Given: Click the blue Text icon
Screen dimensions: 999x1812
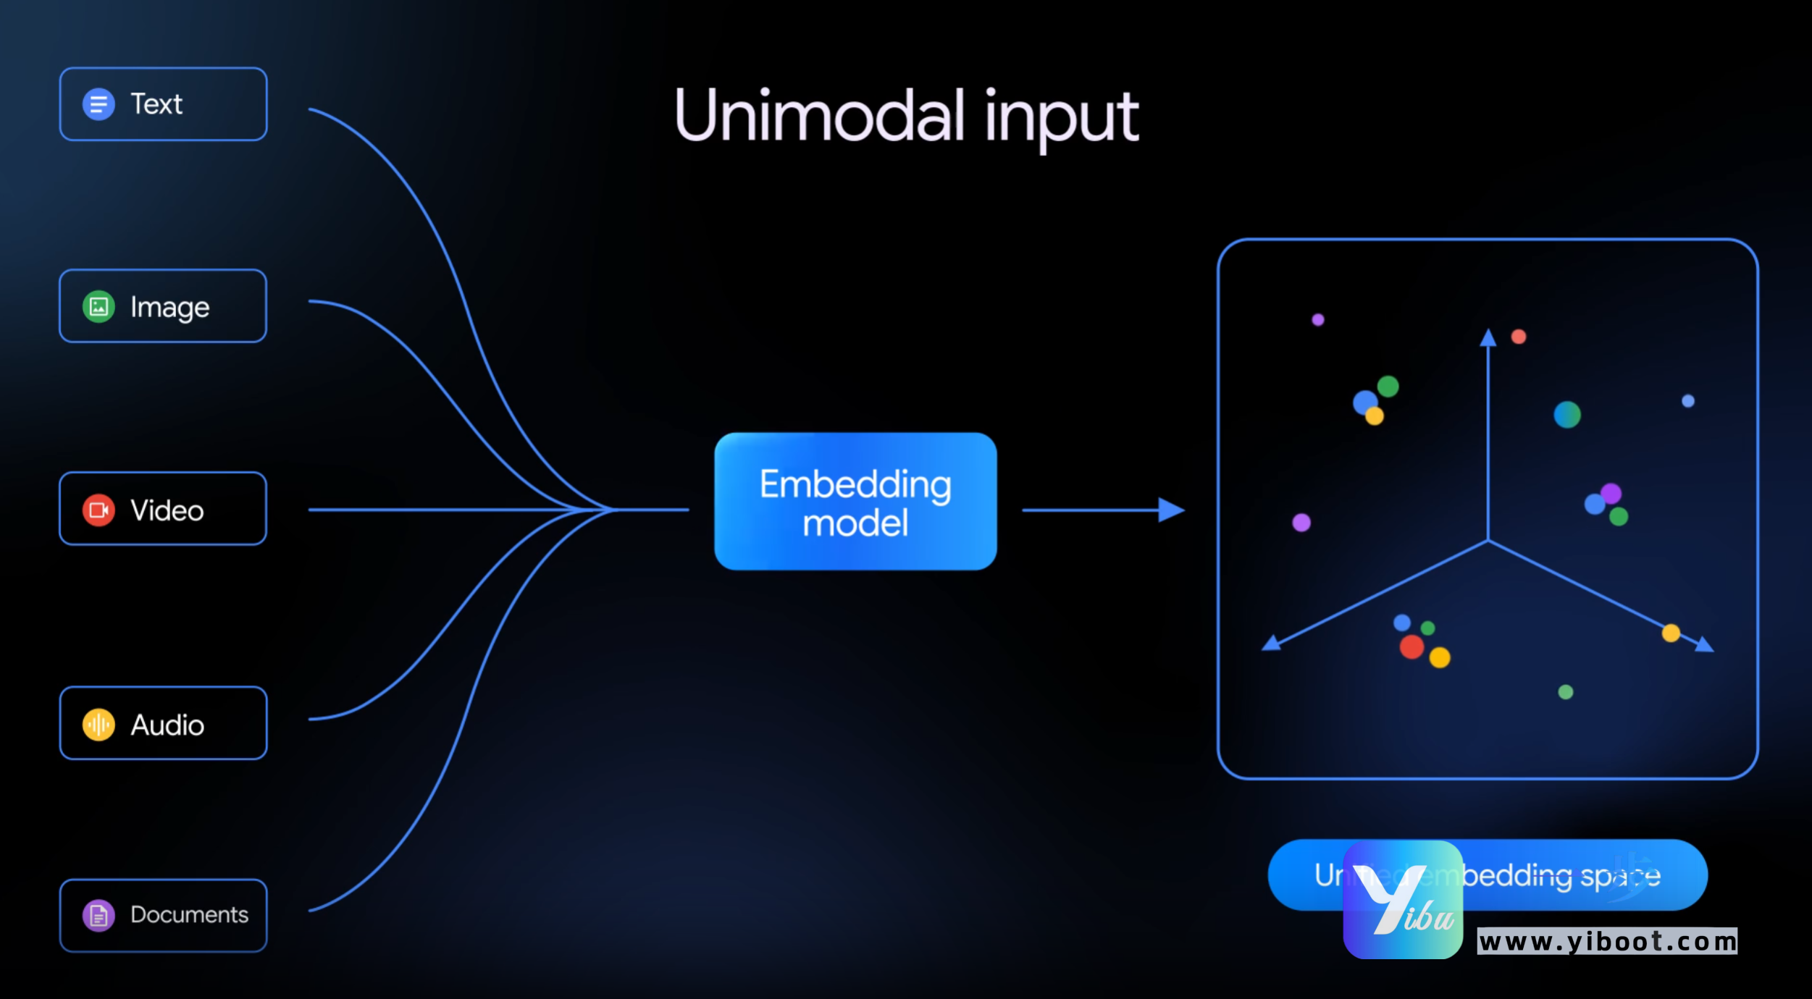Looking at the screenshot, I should (x=98, y=104).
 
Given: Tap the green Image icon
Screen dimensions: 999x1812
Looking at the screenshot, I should (x=98, y=307).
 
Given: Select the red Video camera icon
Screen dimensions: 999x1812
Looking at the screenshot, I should (x=98, y=510).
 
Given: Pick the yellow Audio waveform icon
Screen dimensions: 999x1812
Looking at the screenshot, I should (x=98, y=725).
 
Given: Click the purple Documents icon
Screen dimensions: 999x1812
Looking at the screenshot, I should (x=98, y=916).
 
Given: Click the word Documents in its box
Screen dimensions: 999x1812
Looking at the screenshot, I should (x=189, y=915).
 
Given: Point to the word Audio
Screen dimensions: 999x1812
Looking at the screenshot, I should (x=167, y=725).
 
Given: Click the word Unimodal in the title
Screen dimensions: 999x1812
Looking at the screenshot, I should (x=819, y=116).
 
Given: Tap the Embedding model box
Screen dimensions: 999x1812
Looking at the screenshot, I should (x=855, y=502).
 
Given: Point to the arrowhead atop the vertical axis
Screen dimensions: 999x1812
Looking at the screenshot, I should (x=1488, y=338).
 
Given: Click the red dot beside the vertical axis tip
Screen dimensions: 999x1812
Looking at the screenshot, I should (x=1519, y=337).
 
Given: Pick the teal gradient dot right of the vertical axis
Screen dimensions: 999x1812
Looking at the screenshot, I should (x=1567, y=415).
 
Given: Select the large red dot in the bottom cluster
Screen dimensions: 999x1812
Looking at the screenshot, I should (x=1412, y=646).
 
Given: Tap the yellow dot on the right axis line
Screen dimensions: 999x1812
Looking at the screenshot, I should (x=1671, y=633).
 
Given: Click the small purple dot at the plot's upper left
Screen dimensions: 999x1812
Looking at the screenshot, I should (x=1318, y=320).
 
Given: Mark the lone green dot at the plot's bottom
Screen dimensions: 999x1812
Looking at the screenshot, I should (x=1566, y=692).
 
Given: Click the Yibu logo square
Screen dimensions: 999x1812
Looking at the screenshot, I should (x=1403, y=900).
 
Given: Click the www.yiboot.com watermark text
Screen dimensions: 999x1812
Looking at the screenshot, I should (x=1607, y=942).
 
